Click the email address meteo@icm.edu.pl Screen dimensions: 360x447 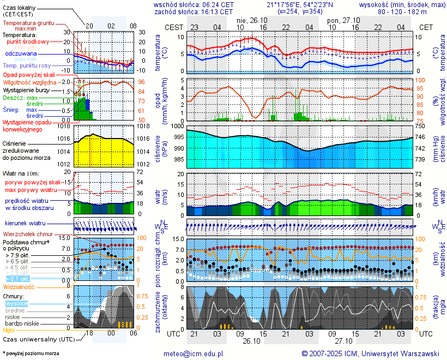(194, 353)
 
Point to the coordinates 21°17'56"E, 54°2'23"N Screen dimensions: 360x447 (300, 4)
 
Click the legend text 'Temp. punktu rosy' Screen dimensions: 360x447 (27, 65)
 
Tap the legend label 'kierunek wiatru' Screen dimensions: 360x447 (25, 224)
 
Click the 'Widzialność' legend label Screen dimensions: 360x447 (19, 286)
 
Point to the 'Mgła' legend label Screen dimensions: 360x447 (9, 330)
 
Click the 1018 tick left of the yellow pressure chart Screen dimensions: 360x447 (65, 126)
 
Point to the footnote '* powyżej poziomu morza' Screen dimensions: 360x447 (31, 353)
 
